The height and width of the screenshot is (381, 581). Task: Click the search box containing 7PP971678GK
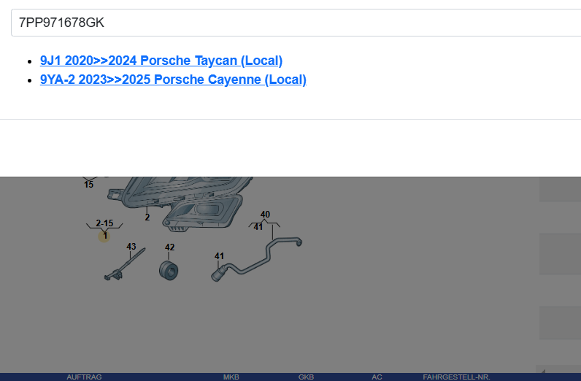(x=292, y=23)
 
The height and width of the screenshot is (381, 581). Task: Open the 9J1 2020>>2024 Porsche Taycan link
(x=161, y=61)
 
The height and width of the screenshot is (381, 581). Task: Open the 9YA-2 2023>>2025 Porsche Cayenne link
(x=173, y=80)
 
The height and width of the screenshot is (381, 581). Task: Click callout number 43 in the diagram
(x=131, y=247)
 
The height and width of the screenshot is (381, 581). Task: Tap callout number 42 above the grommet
(x=169, y=247)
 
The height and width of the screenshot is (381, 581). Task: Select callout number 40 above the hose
(x=265, y=215)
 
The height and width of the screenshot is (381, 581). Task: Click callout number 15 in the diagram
(x=88, y=185)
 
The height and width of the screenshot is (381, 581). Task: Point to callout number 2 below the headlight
(x=147, y=217)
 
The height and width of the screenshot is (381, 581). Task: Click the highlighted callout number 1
(x=105, y=235)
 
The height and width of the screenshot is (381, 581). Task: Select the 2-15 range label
(x=104, y=223)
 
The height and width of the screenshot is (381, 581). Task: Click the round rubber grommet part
(x=169, y=271)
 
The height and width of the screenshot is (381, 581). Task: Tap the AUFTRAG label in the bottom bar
(x=84, y=377)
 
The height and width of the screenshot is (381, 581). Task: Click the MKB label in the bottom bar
(x=231, y=377)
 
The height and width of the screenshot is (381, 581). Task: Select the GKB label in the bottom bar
(x=306, y=377)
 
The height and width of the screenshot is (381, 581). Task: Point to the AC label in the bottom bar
(x=377, y=377)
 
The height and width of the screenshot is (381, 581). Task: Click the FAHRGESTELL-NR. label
(x=456, y=377)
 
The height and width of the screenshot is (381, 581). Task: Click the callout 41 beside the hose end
(x=219, y=256)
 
